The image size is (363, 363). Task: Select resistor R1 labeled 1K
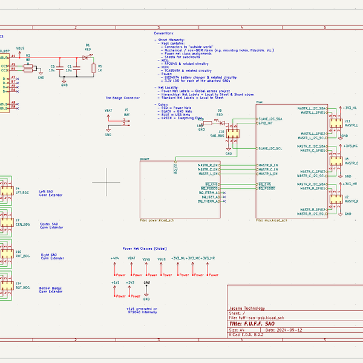(93, 68)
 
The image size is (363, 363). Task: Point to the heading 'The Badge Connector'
(123, 97)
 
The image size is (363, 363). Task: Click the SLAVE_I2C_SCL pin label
(270, 148)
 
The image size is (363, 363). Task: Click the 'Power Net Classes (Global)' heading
(145, 249)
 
